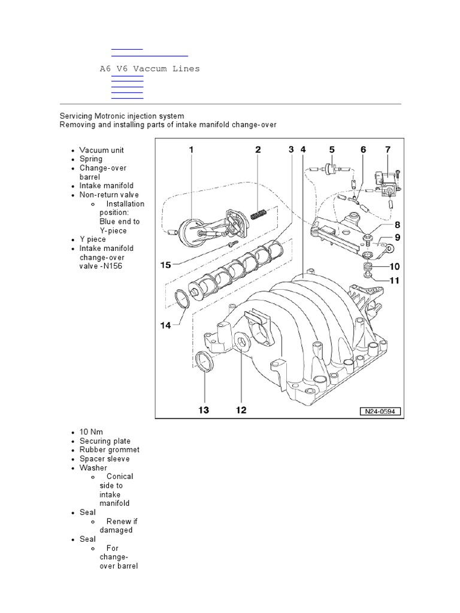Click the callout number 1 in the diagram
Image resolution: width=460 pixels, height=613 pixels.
click(192, 151)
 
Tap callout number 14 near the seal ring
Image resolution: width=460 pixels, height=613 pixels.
click(166, 325)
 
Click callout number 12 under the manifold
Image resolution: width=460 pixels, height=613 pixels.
click(240, 410)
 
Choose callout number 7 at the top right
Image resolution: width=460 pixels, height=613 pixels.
click(387, 150)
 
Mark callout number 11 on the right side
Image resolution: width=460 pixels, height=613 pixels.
click(395, 280)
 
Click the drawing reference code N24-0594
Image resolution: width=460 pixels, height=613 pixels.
click(380, 411)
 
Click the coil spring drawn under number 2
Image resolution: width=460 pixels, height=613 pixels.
click(258, 213)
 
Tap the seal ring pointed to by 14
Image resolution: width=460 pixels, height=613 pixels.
click(183, 298)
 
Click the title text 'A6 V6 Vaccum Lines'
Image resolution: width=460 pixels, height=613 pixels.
click(149, 69)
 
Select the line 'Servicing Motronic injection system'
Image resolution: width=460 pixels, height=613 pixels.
click(122, 116)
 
